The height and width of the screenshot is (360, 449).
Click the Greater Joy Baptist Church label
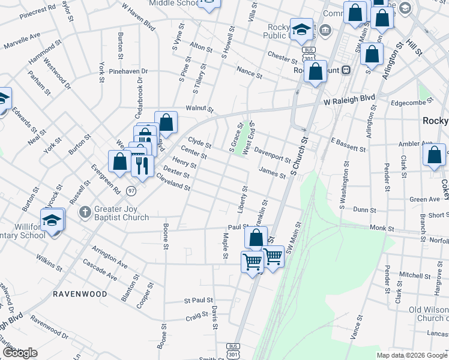[x=122, y=213]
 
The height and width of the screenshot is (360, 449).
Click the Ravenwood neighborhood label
[x=80, y=294]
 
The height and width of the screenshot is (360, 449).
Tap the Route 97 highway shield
[x=131, y=190]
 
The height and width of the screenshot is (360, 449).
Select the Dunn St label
[x=365, y=210]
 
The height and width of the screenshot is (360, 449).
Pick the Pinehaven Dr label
[x=128, y=71]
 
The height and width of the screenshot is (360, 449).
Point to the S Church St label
[x=299, y=156]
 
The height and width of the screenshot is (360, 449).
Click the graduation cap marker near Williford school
[x=53, y=220]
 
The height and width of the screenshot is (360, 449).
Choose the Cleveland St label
[x=173, y=182]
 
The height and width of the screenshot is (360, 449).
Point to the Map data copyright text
[x=412, y=355]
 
